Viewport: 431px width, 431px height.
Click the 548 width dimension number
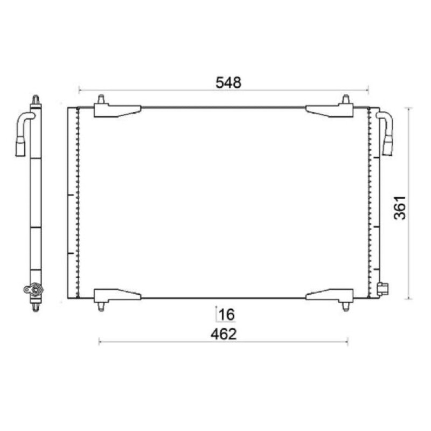point(228,82)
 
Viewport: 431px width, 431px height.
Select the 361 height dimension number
point(400,208)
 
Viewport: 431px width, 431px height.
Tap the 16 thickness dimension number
point(227,315)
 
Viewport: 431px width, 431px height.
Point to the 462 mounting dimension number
point(224,334)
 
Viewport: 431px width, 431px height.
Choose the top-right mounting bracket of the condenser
point(329,111)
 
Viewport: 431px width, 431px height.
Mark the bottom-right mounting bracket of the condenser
point(329,296)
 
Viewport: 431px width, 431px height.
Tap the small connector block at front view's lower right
point(383,289)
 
